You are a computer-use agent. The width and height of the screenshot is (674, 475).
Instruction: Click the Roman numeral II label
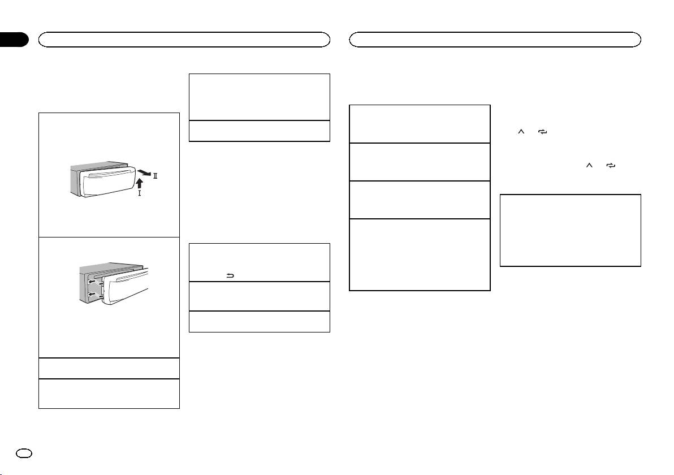pyautogui.click(x=155, y=176)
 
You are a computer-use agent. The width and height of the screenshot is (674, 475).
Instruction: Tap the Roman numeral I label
pyautogui.click(x=139, y=193)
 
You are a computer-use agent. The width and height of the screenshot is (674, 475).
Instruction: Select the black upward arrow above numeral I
pyautogui.click(x=139, y=184)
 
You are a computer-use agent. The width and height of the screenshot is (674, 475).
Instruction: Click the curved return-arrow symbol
pyautogui.click(x=230, y=276)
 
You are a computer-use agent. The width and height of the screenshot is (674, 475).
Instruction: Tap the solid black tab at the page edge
pyautogui.click(x=14, y=39)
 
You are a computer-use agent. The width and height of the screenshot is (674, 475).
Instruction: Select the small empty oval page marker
pyautogui.click(x=24, y=454)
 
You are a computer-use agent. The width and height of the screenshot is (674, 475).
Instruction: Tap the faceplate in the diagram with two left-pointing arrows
pyautogui.click(x=128, y=286)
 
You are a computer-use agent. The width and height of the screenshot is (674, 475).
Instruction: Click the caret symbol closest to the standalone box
pyautogui.click(x=589, y=165)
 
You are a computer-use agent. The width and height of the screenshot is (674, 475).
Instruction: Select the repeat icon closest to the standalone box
pyautogui.click(x=611, y=165)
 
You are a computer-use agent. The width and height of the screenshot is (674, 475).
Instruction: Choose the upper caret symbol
pyautogui.click(x=521, y=132)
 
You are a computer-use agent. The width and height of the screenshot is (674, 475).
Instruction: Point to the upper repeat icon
pyautogui.click(x=542, y=132)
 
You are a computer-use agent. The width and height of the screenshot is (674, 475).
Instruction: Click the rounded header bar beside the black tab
pyautogui.click(x=184, y=40)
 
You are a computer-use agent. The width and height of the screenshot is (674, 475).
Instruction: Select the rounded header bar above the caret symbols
pyautogui.click(x=495, y=40)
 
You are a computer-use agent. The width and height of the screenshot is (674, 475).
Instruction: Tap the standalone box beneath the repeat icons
pyautogui.click(x=571, y=230)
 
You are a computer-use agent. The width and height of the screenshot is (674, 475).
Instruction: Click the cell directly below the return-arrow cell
pyautogui.click(x=259, y=296)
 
